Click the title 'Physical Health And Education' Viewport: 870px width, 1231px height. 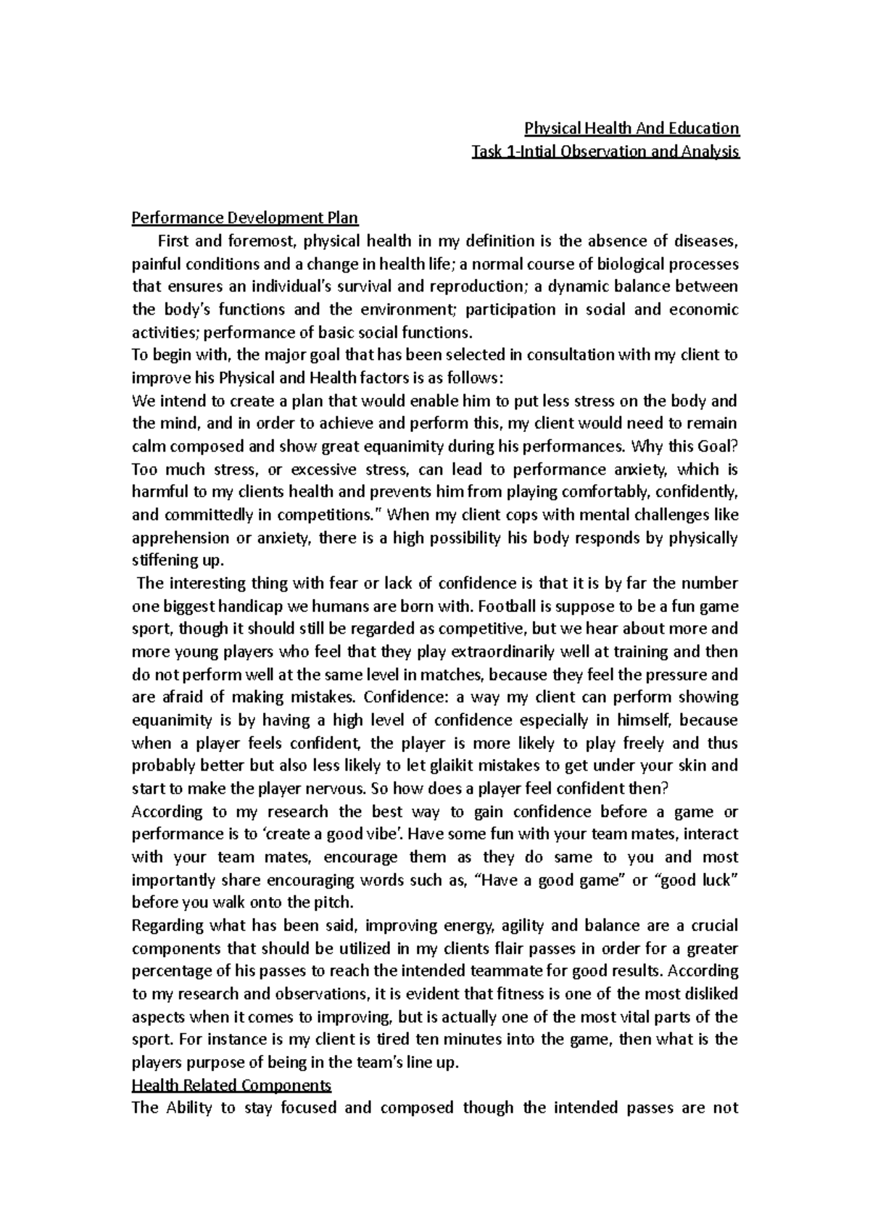(x=631, y=129)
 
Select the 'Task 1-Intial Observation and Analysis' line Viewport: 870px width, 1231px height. (x=605, y=152)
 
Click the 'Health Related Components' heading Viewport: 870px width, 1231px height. (x=231, y=1085)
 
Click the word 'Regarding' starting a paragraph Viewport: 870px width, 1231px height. (x=167, y=926)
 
